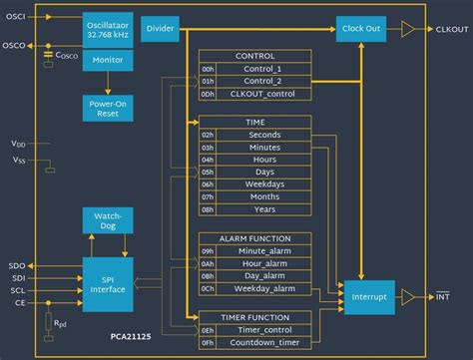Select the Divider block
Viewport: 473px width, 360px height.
pos(160,29)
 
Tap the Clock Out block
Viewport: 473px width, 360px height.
pos(360,29)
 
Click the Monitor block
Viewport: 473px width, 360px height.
pos(107,61)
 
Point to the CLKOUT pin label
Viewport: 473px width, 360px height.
pos(450,30)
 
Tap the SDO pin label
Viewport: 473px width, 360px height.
pos(17,265)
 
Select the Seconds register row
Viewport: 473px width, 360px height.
pos(263,135)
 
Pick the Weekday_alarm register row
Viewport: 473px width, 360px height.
pos(263,288)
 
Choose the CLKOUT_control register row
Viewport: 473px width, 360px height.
pos(263,93)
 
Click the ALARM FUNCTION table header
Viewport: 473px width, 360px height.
pos(254,238)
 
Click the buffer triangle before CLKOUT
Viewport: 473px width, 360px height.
pos(408,30)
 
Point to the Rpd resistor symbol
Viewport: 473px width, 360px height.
pos(47,321)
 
